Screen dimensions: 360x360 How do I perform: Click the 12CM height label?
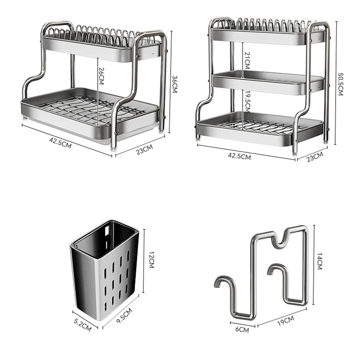(x=151, y=260)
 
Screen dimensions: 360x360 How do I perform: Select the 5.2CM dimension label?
(x=83, y=324)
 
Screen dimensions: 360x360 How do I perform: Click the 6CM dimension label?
(x=242, y=329)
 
